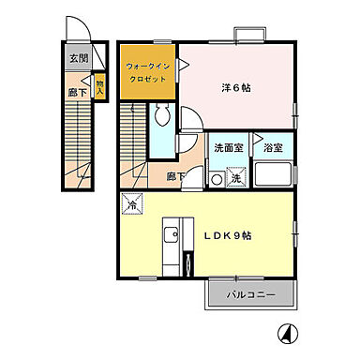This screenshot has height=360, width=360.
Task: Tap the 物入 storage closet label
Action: tap(100, 86)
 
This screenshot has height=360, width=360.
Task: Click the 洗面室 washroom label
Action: tap(226, 147)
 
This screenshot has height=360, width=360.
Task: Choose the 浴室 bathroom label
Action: tap(273, 147)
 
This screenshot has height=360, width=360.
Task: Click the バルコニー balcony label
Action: tap(251, 295)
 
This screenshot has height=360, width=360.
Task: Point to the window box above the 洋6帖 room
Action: tap(248, 36)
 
